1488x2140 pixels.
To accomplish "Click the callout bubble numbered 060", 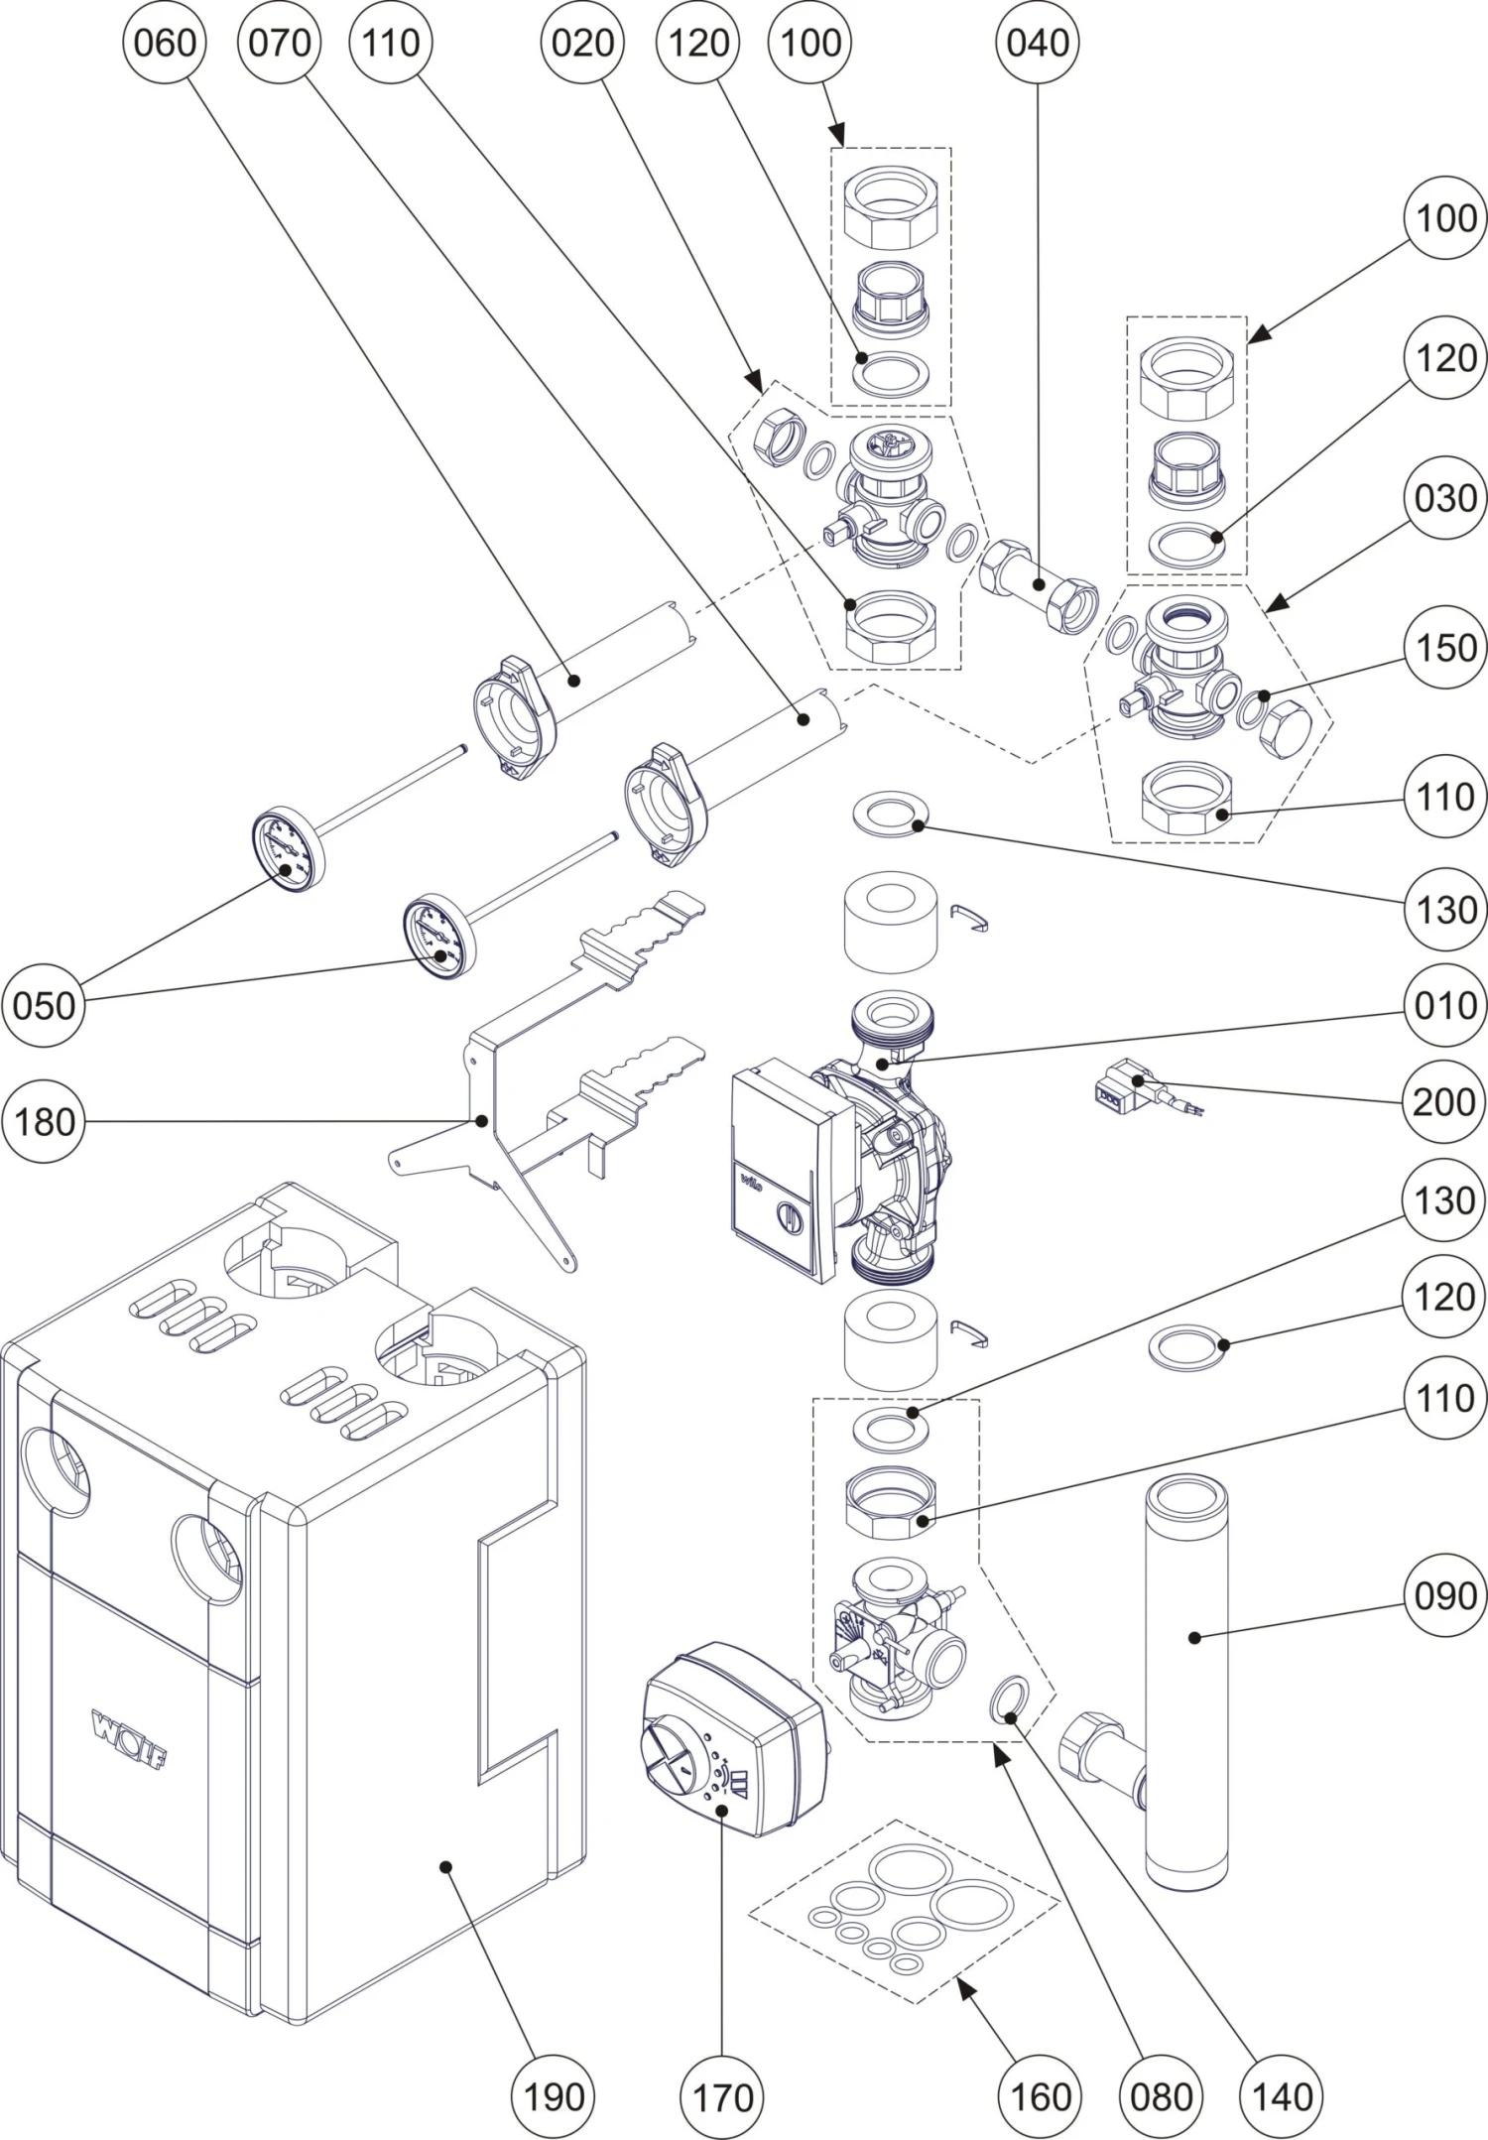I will [164, 43].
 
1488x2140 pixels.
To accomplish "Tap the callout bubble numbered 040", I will [1038, 43].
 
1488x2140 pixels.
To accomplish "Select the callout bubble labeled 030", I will [1445, 498].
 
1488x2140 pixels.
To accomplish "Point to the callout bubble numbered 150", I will [1445, 648].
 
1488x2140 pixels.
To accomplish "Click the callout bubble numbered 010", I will [1445, 1006].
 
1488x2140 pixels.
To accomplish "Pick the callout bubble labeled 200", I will [1443, 1101].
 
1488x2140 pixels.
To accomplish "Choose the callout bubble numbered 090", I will [1445, 1596].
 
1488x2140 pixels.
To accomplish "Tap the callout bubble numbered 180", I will [45, 1122].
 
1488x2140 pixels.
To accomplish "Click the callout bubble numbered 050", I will [45, 1006].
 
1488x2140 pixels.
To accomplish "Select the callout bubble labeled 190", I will [553, 2096].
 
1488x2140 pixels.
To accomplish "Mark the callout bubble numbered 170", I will [722, 2096].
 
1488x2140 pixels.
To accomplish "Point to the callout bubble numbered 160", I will [1040, 2096].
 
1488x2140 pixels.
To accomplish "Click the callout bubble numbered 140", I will [1282, 2096].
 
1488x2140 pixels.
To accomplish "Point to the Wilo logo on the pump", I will [750, 1183].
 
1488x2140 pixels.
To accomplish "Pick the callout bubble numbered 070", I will [280, 43].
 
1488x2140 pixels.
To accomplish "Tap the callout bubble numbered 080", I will [1161, 2096].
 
